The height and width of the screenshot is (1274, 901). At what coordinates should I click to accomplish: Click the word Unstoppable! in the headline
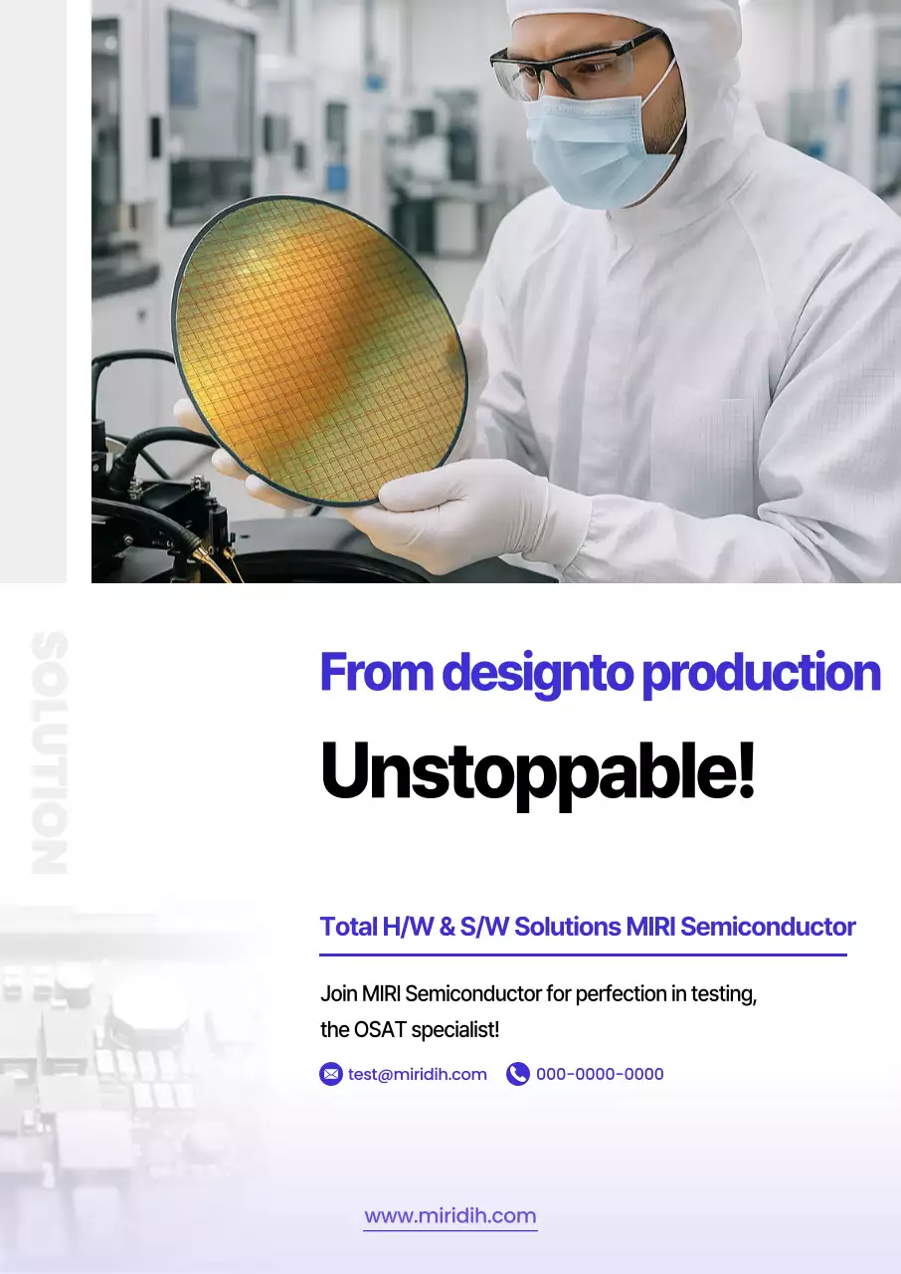537,773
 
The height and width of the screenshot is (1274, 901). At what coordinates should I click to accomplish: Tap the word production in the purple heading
761,674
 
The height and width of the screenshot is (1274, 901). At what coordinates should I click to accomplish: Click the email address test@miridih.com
418,1074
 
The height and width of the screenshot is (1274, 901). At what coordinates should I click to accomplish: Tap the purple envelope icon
331,1074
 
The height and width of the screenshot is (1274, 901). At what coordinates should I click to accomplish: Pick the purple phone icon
517,1074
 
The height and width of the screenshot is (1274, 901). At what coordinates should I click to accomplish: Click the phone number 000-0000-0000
600,1074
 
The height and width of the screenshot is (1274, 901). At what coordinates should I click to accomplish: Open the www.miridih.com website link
450,1216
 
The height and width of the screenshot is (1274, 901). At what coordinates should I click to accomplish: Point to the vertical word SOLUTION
50,752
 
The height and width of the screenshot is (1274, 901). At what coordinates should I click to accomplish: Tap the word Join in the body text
338,993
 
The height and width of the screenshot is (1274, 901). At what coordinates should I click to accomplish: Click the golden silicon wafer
318,348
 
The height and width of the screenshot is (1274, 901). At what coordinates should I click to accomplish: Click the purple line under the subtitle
583,955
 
